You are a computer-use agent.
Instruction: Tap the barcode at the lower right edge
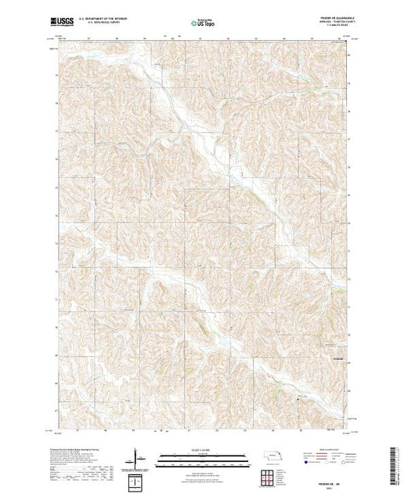point(399,463)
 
